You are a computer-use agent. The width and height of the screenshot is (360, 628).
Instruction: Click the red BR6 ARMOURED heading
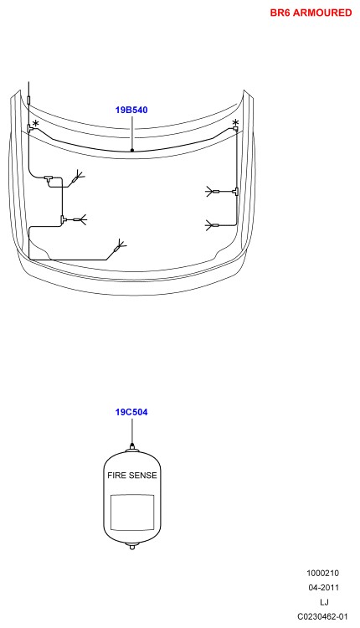click(x=311, y=13)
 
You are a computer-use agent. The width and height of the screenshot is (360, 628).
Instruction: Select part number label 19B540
click(x=131, y=110)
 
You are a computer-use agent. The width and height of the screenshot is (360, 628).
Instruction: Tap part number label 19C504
click(x=131, y=412)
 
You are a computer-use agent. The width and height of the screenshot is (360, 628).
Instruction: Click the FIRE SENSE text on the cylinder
click(x=132, y=476)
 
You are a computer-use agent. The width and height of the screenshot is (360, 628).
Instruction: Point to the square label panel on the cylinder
click(x=132, y=512)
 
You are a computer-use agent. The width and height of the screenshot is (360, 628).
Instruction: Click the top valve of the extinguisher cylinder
click(x=131, y=447)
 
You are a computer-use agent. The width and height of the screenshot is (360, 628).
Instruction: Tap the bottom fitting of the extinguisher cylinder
click(x=131, y=545)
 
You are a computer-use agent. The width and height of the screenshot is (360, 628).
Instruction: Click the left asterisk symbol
click(x=36, y=124)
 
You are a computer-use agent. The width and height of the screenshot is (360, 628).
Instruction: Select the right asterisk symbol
click(x=235, y=122)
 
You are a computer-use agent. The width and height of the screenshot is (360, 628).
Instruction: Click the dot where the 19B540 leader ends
click(x=131, y=151)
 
